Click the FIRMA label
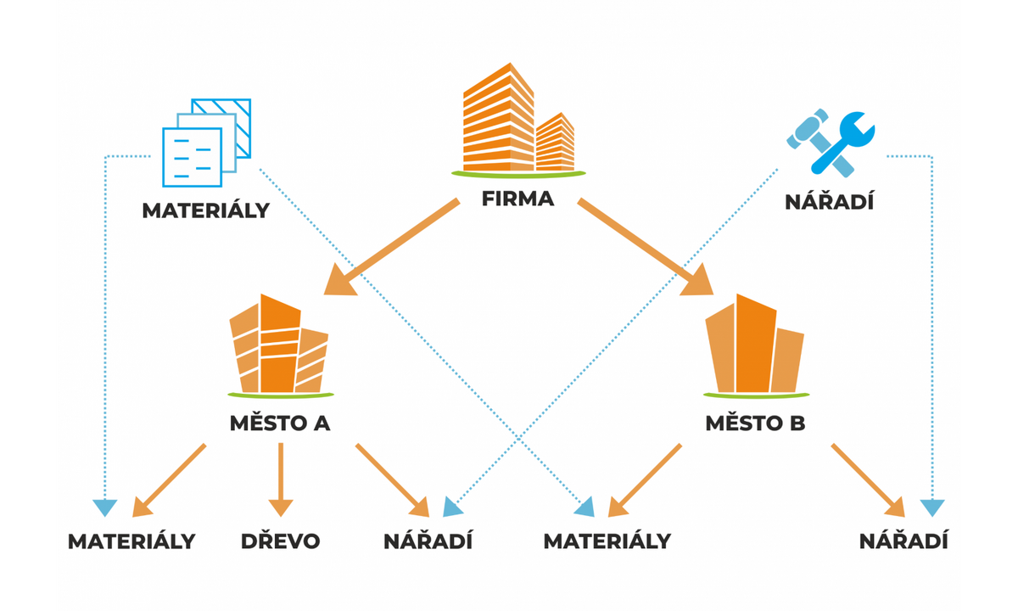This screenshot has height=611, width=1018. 517,200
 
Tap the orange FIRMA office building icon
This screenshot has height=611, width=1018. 517,119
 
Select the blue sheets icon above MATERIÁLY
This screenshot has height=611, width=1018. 206,141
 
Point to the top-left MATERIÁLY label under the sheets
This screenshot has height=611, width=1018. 205,210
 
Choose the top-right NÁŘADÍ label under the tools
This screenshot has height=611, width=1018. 829,202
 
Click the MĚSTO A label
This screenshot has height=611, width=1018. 280,423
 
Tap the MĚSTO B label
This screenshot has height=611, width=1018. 755,423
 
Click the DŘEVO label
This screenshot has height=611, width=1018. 280,541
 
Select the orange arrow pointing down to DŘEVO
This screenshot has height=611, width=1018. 280,479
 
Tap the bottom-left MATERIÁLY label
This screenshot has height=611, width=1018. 131,541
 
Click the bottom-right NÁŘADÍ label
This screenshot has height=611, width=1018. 903,541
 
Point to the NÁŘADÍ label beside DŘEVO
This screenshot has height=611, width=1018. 428,541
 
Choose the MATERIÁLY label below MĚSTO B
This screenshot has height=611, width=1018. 607,541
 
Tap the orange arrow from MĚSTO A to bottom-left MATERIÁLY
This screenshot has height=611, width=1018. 170,480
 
